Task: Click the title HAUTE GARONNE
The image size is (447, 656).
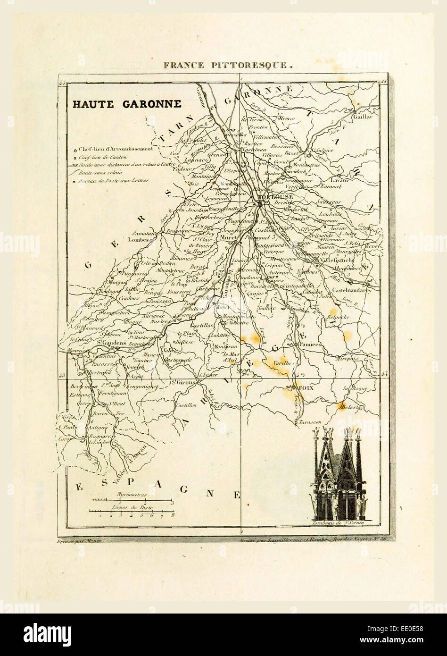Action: pos(126,104)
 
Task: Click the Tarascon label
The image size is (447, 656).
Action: pos(310,421)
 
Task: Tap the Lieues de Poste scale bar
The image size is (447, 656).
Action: pos(132,511)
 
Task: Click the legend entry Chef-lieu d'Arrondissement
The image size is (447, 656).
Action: pos(116,149)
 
